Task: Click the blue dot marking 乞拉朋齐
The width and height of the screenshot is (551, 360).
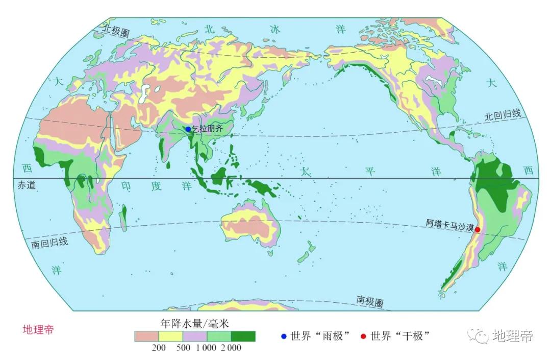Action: tap(188, 129)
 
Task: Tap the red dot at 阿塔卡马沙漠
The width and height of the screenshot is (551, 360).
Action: tap(478, 230)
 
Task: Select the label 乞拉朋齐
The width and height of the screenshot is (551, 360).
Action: tap(207, 129)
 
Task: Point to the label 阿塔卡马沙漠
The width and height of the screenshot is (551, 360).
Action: tap(450, 223)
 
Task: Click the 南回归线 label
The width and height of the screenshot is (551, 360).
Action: tap(49, 243)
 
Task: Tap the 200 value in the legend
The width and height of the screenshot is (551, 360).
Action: tap(159, 348)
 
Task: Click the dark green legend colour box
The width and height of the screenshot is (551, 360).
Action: tap(243, 336)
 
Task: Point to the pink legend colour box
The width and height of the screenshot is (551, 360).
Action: tap(147, 336)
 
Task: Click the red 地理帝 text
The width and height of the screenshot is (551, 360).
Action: tap(38, 329)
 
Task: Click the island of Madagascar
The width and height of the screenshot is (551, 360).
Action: tap(123, 212)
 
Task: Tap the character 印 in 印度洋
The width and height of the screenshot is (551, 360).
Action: tap(126, 186)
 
